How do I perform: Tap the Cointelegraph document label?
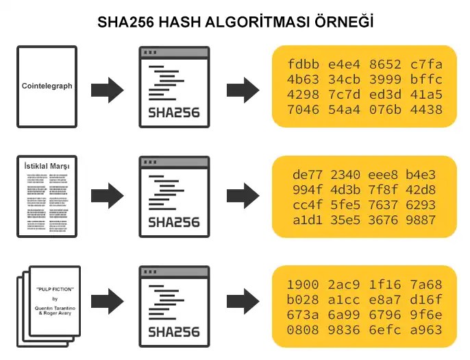click(x=47, y=86)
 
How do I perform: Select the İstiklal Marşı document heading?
click(x=47, y=166)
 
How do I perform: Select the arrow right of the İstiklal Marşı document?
click(x=107, y=197)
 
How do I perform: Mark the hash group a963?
click(x=426, y=330)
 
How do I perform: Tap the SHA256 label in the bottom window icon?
click(x=174, y=332)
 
